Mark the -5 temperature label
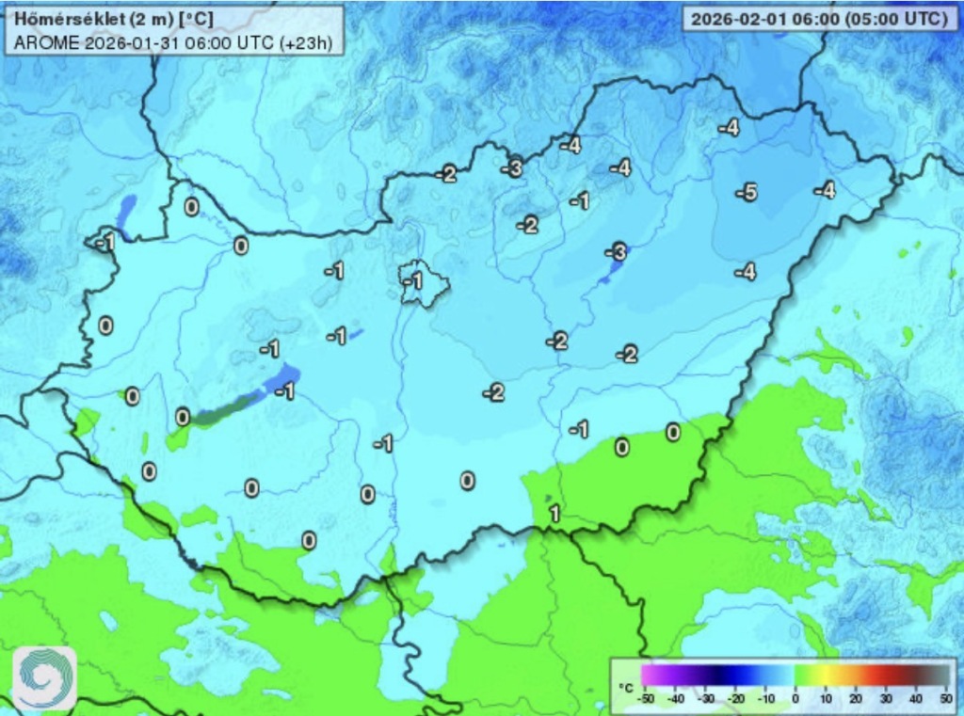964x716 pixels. (x=746, y=193)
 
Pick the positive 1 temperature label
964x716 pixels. (x=554, y=514)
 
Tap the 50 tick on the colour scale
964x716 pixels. (x=945, y=698)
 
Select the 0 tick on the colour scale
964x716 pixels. (x=795, y=698)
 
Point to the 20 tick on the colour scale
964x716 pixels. (x=856, y=698)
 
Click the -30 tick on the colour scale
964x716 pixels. (x=705, y=698)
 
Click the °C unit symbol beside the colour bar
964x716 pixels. (x=625, y=689)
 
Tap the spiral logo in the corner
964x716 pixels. (x=43, y=676)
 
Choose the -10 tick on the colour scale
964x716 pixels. (x=764, y=698)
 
